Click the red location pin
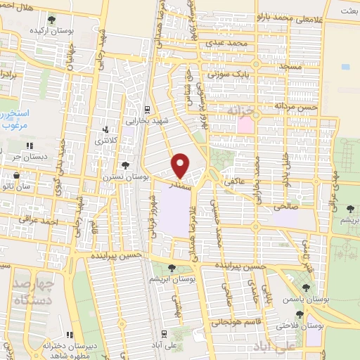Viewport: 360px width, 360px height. (x=181, y=165)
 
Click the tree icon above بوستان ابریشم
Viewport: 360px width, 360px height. (x=173, y=267)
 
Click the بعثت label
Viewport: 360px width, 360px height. (x=347, y=11)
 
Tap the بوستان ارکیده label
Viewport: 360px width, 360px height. (x=51, y=32)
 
